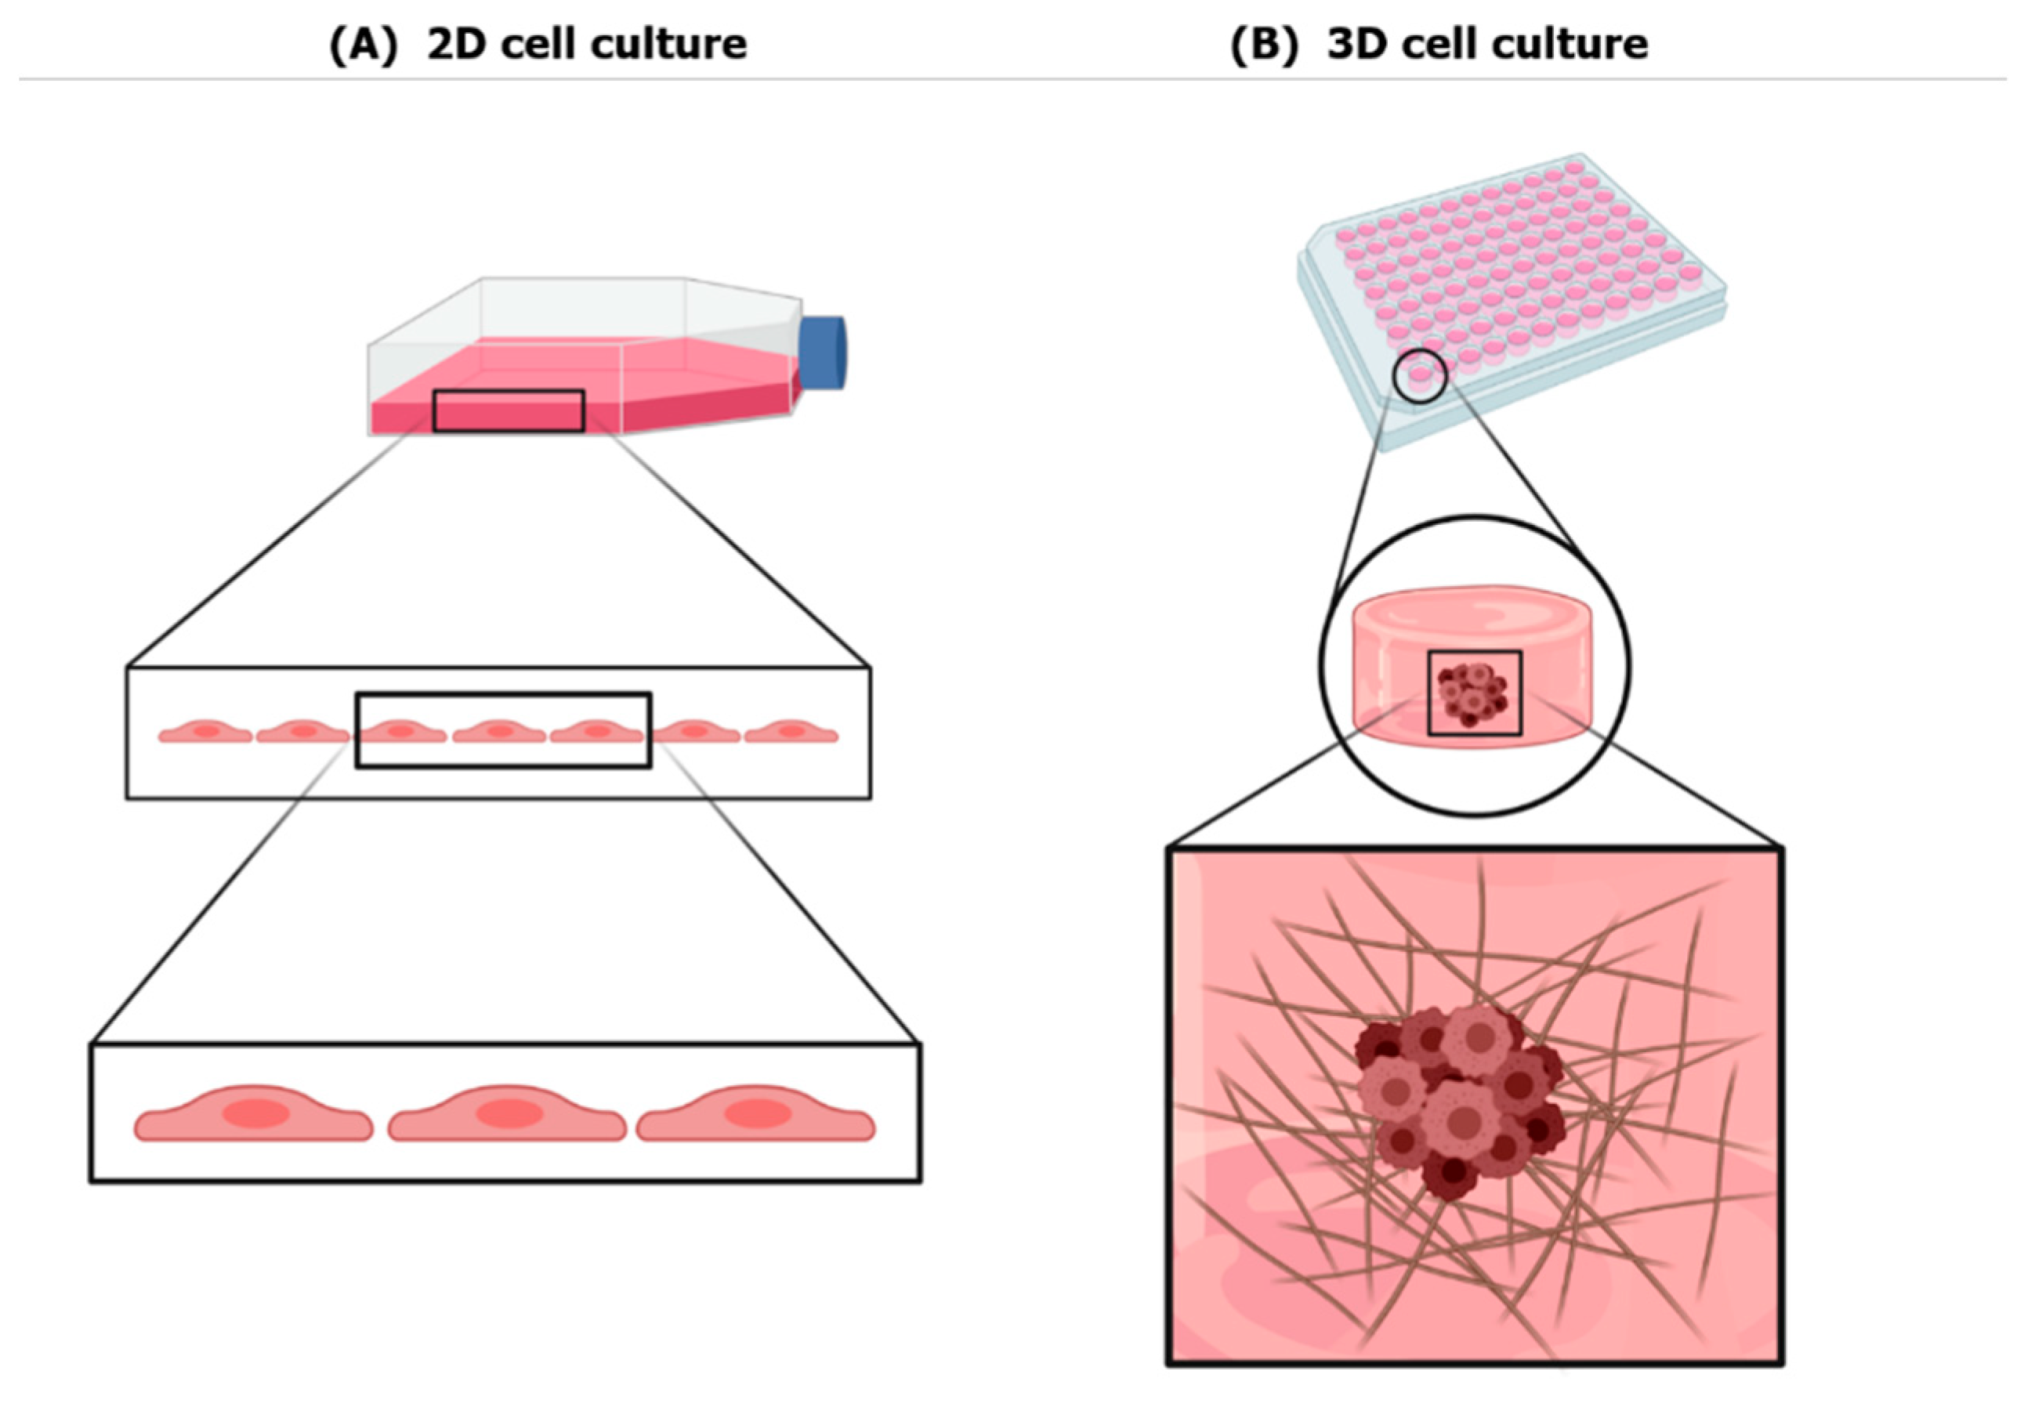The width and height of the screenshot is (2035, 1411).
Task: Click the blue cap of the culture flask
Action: (x=823, y=352)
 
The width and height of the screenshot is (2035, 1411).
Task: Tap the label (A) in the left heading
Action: (x=364, y=43)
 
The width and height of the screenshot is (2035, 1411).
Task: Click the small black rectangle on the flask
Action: (x=509, y=411)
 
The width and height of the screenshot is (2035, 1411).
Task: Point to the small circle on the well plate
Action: (x=1419, y=376)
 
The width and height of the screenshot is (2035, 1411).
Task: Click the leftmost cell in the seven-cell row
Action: (x=205, y=732)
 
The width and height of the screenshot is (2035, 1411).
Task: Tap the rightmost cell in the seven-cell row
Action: (x=791, y=732)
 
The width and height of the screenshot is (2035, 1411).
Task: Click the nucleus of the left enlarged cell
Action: (x=255, y=1114)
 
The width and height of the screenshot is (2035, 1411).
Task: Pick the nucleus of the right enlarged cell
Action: (x=757, y=1113)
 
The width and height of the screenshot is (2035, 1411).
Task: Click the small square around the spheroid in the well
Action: (x=1475, y=693)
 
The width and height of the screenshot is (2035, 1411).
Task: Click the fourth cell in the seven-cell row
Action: (x=499, y=732)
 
